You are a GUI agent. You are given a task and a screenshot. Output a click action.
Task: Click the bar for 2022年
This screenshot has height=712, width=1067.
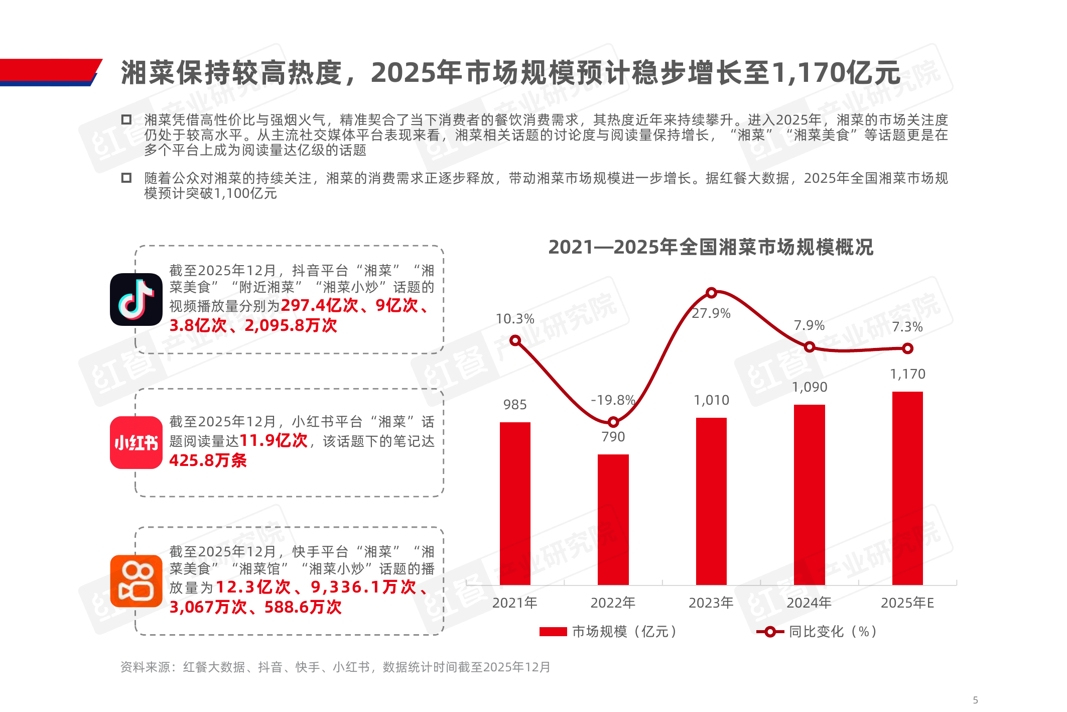613,519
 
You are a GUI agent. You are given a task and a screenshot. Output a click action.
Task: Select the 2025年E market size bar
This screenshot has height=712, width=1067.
907,488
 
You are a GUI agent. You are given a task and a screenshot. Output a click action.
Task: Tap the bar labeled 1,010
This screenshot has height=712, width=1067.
711,501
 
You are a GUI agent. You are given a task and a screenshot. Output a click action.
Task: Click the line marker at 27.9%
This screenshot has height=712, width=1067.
711,293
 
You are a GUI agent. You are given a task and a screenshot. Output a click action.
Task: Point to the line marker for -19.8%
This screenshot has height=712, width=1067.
613,422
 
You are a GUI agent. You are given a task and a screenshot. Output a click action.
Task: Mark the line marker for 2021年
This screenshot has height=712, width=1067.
515,341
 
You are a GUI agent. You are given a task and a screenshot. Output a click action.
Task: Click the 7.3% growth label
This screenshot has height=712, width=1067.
907,327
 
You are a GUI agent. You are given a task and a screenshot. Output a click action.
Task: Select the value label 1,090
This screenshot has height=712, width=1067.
810,387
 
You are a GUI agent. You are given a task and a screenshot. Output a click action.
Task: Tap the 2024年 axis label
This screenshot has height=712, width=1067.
809,603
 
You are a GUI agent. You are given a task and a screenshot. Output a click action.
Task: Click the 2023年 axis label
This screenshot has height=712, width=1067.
711,603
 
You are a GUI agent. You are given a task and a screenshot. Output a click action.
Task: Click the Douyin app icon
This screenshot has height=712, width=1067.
136,300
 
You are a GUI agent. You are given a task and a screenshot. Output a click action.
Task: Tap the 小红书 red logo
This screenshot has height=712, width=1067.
136,442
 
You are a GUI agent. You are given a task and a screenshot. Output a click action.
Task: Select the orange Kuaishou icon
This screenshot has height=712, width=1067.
136,581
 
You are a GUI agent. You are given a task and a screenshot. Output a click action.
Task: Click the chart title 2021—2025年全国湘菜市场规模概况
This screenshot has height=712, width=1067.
711,247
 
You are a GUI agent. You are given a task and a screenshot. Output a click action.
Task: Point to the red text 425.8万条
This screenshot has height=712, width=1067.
208,460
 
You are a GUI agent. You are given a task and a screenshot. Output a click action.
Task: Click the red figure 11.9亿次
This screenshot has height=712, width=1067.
274,440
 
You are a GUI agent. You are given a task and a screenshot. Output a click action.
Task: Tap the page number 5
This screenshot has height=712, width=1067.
975,700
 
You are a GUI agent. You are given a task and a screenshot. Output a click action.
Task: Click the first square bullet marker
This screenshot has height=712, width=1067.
126,120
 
